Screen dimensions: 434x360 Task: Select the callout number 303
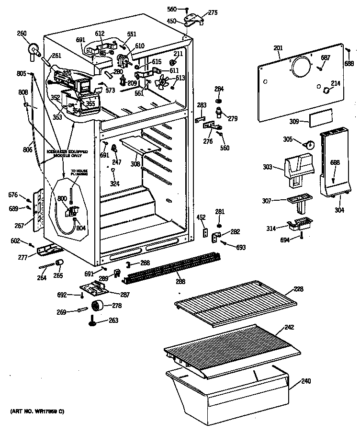pos(267,167)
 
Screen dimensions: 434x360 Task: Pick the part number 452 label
pos(202,217)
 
